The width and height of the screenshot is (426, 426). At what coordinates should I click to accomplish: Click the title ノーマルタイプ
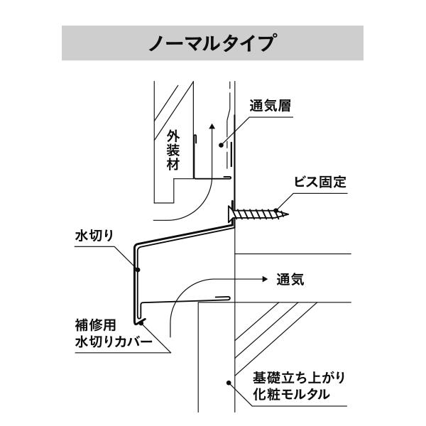(x=213, y=43)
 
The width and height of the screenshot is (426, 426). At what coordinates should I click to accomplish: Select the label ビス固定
(x=320, y=182)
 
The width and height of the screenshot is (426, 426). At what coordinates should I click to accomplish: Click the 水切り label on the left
(x=94, y=236)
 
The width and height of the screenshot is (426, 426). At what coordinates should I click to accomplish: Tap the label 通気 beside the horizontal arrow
(x=290, y=280)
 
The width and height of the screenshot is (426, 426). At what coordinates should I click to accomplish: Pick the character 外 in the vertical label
(x=171, y=136)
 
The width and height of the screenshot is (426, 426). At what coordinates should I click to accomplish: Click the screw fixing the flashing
(x=259, y=212)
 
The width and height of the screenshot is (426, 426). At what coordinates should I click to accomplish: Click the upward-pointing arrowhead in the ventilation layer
(x=212, y=125)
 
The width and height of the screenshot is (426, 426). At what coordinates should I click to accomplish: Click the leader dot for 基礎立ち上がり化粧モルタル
(x=228, y=383)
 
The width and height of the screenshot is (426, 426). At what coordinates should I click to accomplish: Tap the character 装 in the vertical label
(x=171, y=151)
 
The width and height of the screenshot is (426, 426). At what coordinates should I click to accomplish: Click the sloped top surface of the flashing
(x=185, y=234)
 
